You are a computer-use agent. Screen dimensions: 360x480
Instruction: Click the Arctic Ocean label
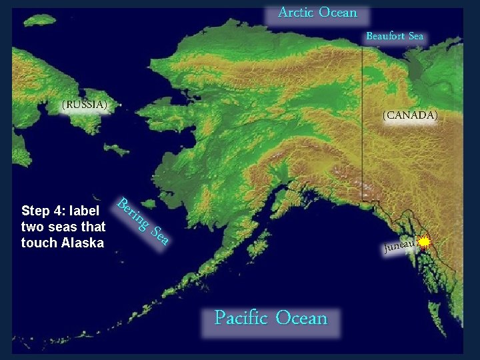(317, 13)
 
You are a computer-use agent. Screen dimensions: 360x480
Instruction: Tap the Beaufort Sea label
(395, 37)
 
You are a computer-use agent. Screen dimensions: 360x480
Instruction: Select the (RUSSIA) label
(84, 105)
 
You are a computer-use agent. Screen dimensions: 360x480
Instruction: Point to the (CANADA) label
(410, 115)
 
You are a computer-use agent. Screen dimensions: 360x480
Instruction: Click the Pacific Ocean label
(271, 318)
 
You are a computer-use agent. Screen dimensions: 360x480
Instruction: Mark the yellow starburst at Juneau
(425, 242)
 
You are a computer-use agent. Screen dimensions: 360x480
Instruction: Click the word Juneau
(399, 247)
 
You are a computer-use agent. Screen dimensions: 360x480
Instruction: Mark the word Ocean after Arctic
(338, 13)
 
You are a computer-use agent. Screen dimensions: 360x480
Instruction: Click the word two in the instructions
(31, 227)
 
